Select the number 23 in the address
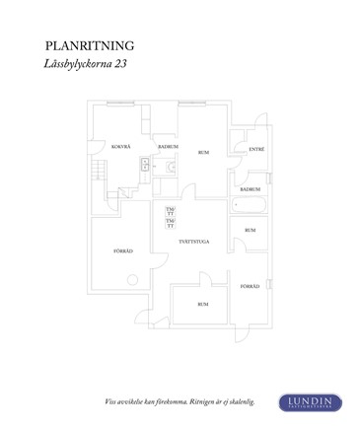click(122, 64)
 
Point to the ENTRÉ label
click(255, 149)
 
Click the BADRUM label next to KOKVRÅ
click(167, 146)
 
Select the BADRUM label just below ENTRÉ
click(251, 188)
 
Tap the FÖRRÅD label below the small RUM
click(251, 286)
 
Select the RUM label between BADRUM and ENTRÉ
click(203, 153)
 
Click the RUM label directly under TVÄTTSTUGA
click(201, 304)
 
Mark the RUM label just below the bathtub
click(250, 230)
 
